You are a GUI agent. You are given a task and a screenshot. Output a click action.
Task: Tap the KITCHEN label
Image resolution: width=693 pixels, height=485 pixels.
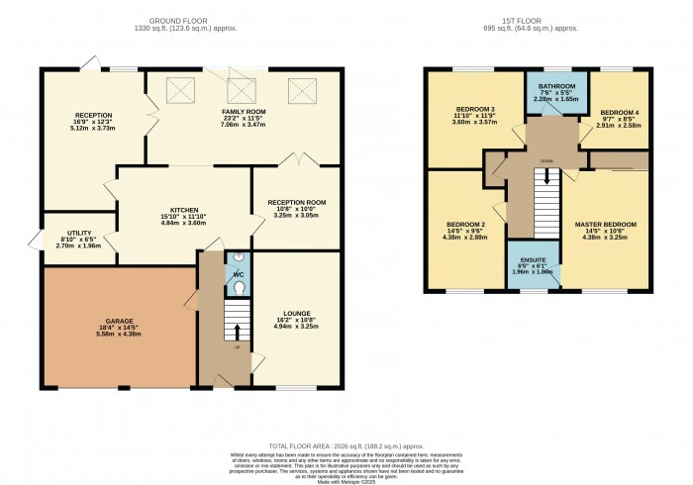[184, 210]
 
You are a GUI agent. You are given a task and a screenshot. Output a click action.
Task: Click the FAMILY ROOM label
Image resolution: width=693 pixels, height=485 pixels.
[242, 84]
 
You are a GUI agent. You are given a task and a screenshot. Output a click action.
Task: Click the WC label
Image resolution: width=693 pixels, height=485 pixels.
[239, 274]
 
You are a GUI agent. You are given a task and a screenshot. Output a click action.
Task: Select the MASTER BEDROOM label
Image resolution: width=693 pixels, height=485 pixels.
[605, 225]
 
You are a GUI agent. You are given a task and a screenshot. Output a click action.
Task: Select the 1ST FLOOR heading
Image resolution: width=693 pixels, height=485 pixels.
[537, 20]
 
